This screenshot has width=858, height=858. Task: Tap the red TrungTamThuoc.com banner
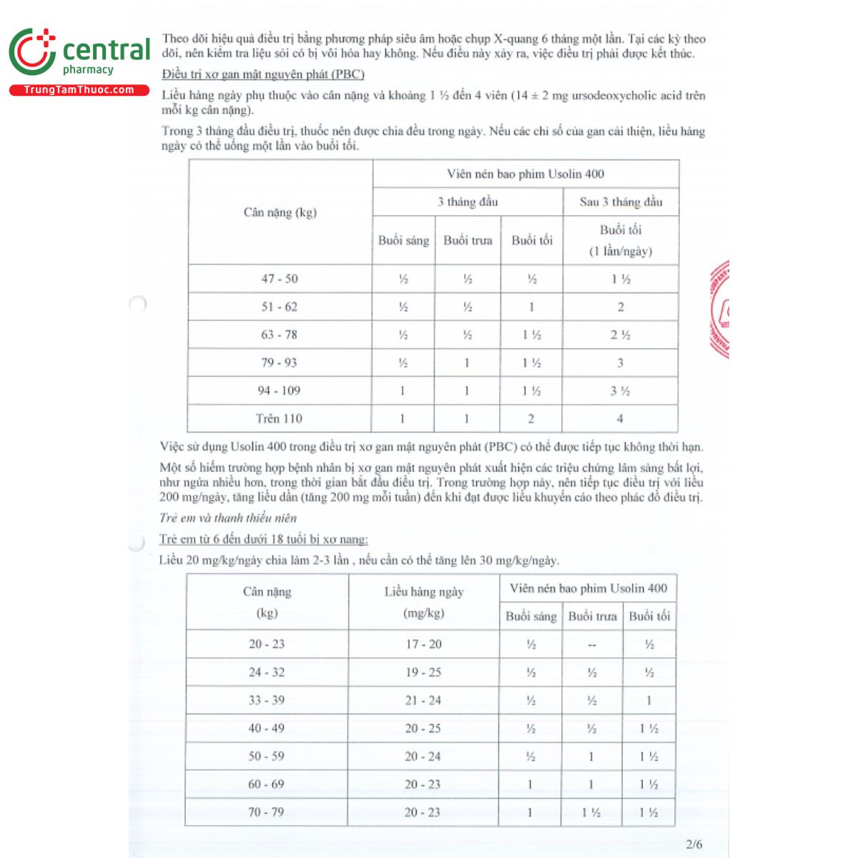click(x=79, y=90)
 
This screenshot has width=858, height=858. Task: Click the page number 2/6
click(x=694, y=844)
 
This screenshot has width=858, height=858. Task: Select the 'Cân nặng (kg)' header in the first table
click(x=280, y=212)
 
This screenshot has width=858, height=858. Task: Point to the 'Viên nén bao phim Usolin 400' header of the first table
click(x=526, y=174)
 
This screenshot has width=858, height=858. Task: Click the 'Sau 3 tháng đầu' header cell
click(x=621, y=202)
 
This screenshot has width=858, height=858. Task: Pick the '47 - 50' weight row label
click(x=280, y=279)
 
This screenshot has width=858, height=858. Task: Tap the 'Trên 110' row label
click(x=279, y=418)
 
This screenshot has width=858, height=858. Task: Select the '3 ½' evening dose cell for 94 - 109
click(x=620, y=390)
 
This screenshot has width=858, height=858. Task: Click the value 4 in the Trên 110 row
click(x=620, y=418)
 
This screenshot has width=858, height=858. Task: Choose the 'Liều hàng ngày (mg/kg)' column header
click(x=423, y=602)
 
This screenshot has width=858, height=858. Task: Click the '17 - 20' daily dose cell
click(x=423, y=644)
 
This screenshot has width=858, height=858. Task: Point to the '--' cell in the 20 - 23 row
click(x=591, y=644)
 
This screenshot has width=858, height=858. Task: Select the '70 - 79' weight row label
click(x=266, y=812)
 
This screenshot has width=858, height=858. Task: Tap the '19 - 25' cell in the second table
click(x=423, y=672)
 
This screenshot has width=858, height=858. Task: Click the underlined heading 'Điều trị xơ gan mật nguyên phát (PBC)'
click(x=263, y=74)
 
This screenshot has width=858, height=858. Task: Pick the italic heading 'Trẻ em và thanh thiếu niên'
click(x=227, y=518)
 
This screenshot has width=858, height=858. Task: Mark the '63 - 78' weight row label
click(x=280, y=335)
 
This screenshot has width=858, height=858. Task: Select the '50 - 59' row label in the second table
click(x=266, y=756)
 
